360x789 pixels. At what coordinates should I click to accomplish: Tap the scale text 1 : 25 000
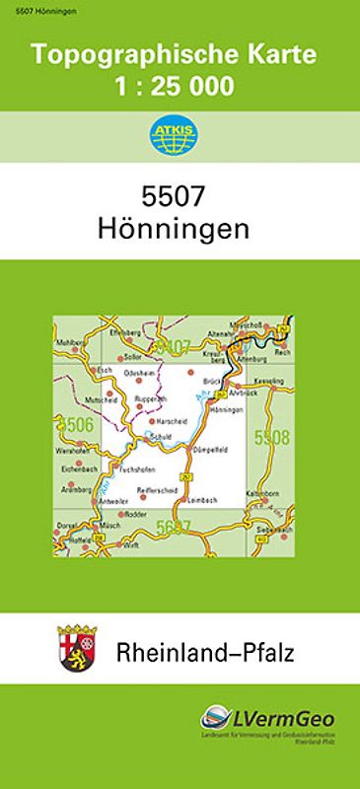pyautogui.click(x=180, y=86)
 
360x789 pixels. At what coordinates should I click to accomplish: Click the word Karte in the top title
pyautogui.click(x=281, y=57)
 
